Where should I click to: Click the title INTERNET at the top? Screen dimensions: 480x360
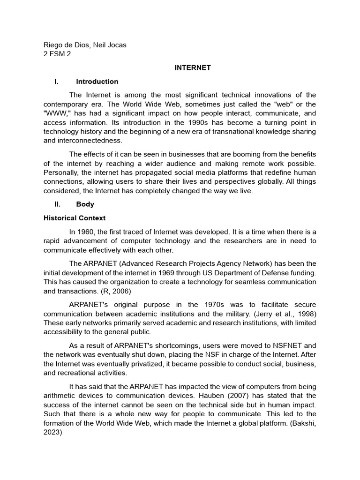tap(193, 68)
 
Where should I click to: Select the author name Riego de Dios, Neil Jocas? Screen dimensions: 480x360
tap(85, 45)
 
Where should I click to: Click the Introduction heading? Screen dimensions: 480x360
tap(97, 82)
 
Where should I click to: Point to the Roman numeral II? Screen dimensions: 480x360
tap(57, 204)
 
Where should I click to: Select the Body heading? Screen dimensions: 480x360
tap(85, 204)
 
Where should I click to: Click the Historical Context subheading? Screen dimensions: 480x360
tap(75, 218)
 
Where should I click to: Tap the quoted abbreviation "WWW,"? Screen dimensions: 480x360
tap(57, 113)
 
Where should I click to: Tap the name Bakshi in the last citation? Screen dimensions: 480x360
tap(305, 423)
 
